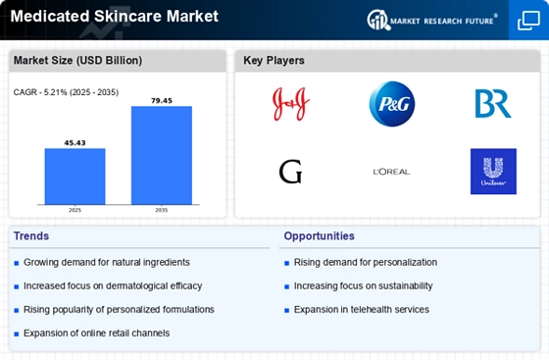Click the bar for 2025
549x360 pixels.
(75, 177)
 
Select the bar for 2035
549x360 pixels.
(162, 155)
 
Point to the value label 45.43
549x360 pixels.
(75, 143)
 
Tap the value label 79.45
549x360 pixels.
(162, 101)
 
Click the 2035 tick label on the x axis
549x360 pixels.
(162, 210)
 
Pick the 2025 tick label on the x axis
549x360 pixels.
(75, 210)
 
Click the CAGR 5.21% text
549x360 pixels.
(66, 92)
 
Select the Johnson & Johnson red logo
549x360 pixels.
(290, 104)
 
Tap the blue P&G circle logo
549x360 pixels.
(392, 104)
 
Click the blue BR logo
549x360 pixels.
(493, 104)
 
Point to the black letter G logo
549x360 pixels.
(290, 172)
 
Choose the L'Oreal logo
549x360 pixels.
(392, 172)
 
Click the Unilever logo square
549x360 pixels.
(493, 172)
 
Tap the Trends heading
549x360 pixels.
(31, 236)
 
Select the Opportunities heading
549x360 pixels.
(319, 236)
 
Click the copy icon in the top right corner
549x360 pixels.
(528, 21)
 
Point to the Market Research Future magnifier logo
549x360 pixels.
(378, 20)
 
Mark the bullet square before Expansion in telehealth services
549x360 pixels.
(286, 310)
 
